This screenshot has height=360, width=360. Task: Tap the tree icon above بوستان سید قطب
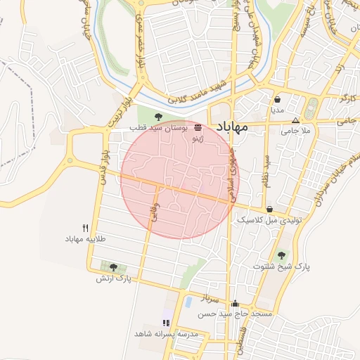click(157, 117)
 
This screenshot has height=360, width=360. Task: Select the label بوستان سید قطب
click(157, 130)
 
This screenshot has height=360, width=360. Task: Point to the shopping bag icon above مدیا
click(277, 99)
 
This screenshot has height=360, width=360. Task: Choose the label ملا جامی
click(295, 131)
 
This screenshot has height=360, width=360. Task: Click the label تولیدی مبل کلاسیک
click(269, 220)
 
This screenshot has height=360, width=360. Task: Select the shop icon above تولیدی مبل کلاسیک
click(270, 209)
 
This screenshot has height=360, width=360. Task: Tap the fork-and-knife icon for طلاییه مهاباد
click(86, 227)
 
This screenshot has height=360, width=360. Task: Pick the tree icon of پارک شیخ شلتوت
click(282, 255)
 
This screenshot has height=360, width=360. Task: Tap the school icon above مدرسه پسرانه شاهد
click(166, 322)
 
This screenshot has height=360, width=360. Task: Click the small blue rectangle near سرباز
click(188, 302)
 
